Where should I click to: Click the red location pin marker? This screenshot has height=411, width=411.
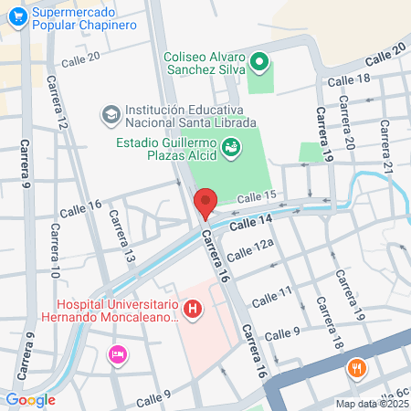pyautogui.click(x=205, y=203)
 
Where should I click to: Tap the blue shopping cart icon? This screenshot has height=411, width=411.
pyautogui.click(x=16, y=18)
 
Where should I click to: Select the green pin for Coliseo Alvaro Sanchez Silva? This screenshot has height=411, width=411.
pyautogui.click(x=259, y=63)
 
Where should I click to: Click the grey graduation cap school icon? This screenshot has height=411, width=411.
pyautogui.click(x=111, y=116)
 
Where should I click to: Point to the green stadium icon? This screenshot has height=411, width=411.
pyautogui.click(x=232, y=145)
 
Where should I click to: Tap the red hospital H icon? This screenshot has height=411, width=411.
pyautogui.click(x=193, y=311)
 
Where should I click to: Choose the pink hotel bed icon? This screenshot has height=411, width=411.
pyautogui.click(x=117, y=353)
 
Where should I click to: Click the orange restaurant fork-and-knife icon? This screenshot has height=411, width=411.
pyautogui.click(x=355, y=369)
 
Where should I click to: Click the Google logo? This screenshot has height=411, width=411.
pyautogui.click(x=30, y=399)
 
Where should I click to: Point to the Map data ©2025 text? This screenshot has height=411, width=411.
pyautogui.click(x=371, y=404)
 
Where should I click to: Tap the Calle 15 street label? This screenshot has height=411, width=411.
pyautogui.click(x=256, y=197)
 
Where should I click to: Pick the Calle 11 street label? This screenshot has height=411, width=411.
pyautogui.click(x=272, y=292)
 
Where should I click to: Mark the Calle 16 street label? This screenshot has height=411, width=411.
pyautogui.click(x=80, y=208)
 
